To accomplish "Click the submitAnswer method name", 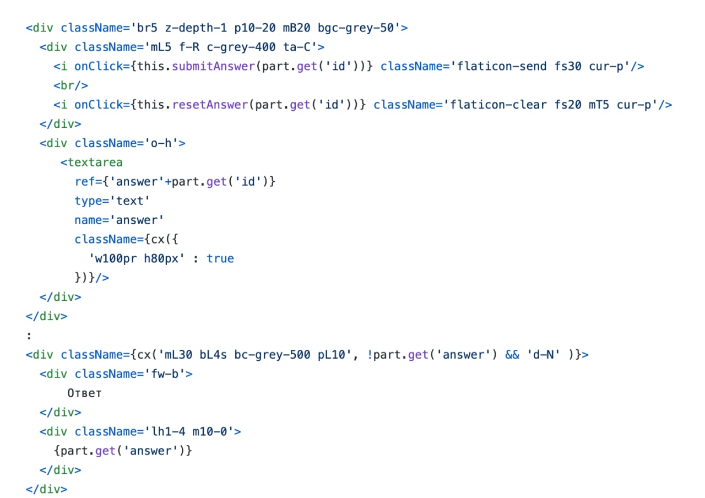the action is point(213,67).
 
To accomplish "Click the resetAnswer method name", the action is point(210,105).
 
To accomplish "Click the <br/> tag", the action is point(71,85).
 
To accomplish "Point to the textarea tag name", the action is point(95,163).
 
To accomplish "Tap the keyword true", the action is point(220,259).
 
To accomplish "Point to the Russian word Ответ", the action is point(85,393).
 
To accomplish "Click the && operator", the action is point(512,355).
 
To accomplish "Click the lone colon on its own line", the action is point(29,336).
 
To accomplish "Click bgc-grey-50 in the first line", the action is point(356,28).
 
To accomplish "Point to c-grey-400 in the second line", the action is point(241,47).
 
